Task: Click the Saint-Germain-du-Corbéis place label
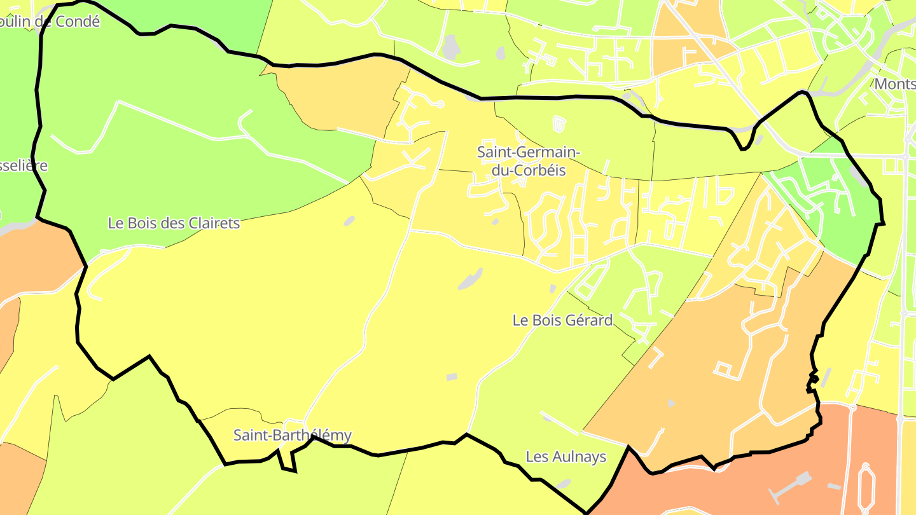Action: [x=528, y=161]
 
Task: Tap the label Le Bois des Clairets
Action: [x=174, y=223]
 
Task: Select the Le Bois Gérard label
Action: [x=562, y=320]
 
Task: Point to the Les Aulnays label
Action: [x=566, y=457]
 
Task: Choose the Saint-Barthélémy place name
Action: [x=292, y=436]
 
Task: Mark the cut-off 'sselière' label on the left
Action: [x=24, y=166]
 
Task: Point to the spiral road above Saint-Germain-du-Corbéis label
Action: [x=558, y=124]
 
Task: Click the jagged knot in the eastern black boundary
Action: [x=812, y=381]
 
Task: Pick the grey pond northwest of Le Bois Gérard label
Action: [x=470, y=278]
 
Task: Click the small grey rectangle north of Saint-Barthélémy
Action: [x=451, y=377]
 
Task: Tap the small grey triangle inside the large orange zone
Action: [x=671, y=403]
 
